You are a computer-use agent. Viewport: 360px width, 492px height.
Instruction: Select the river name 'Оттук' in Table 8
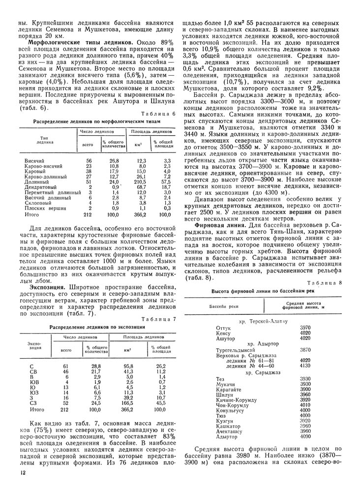(x=224, y=327)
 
